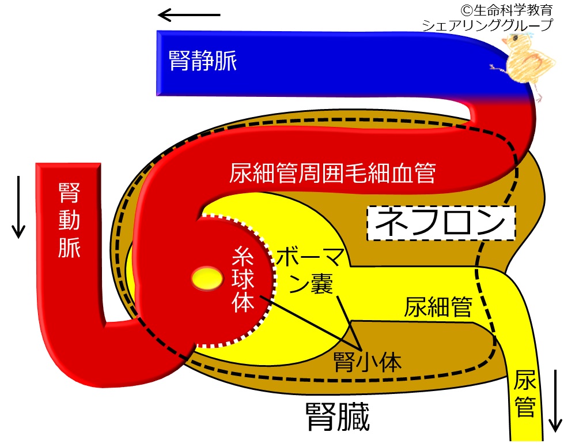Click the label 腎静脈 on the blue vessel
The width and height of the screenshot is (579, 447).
click(x=202, y=61)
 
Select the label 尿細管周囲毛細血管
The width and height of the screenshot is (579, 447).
click(x=332, y=173)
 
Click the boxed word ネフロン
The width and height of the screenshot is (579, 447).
click(x=441, y=223)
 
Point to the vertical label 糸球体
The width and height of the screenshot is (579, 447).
click(x=243, y=280)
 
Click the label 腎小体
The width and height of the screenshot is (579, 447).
click(x=367, y=362)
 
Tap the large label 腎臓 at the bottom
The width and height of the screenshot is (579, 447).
click(x=338, y=416)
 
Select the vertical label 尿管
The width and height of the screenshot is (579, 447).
click(x=525, y=394)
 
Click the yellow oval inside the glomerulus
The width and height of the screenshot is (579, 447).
click(x=207, y=279)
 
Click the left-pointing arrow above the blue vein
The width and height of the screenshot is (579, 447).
click(x=189, y=15)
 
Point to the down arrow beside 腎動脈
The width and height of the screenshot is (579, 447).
click(x=18, y=206)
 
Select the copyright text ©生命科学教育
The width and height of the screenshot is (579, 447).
click(x=506, y=10)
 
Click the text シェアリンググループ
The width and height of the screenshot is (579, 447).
click(x=487, y=25)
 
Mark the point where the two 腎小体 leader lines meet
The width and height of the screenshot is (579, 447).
click(x=361, y=350)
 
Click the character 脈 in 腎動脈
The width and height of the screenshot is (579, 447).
click(x=69, y=247)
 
